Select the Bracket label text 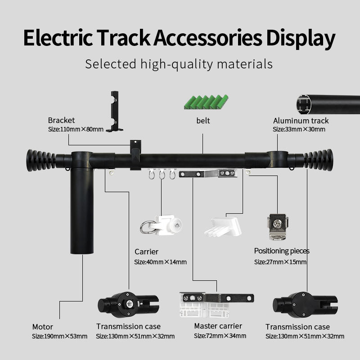62,120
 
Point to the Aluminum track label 301,121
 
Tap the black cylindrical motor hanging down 81,211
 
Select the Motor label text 42,327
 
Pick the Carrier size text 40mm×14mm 160,262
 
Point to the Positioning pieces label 282,251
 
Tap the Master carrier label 218,326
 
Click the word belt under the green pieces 203,121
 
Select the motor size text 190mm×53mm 59,336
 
